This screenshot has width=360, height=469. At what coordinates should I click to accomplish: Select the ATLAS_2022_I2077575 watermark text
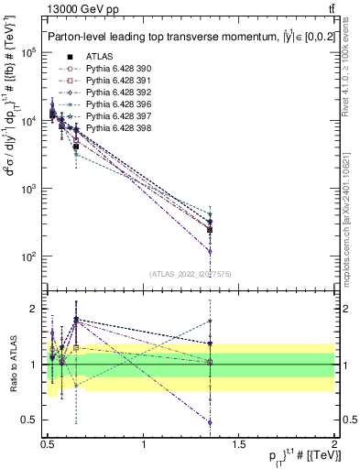pyautogui.click(x=191, y=272)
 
